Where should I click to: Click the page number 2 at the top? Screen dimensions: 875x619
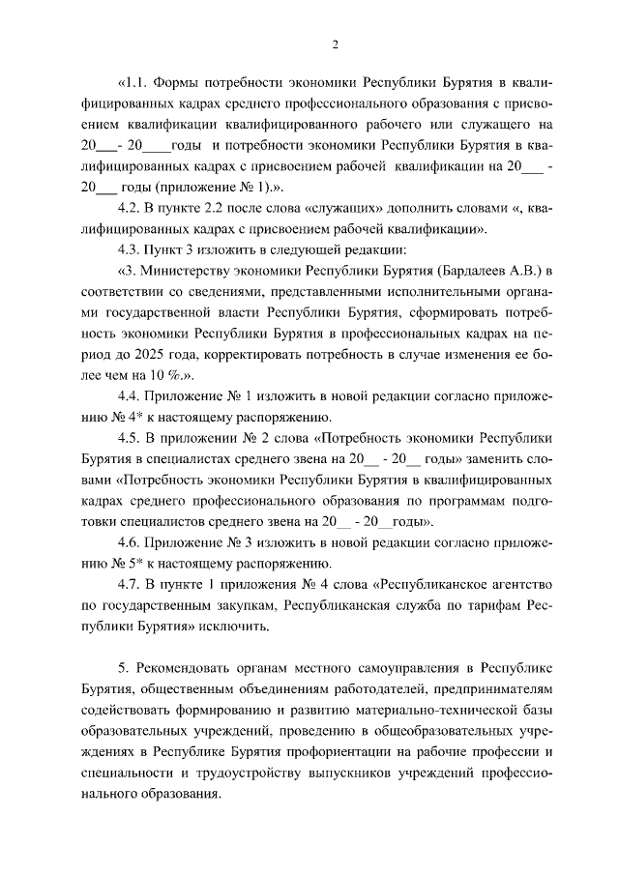pos(335,44)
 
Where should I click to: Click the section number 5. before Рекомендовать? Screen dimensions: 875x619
pos(122,668)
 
